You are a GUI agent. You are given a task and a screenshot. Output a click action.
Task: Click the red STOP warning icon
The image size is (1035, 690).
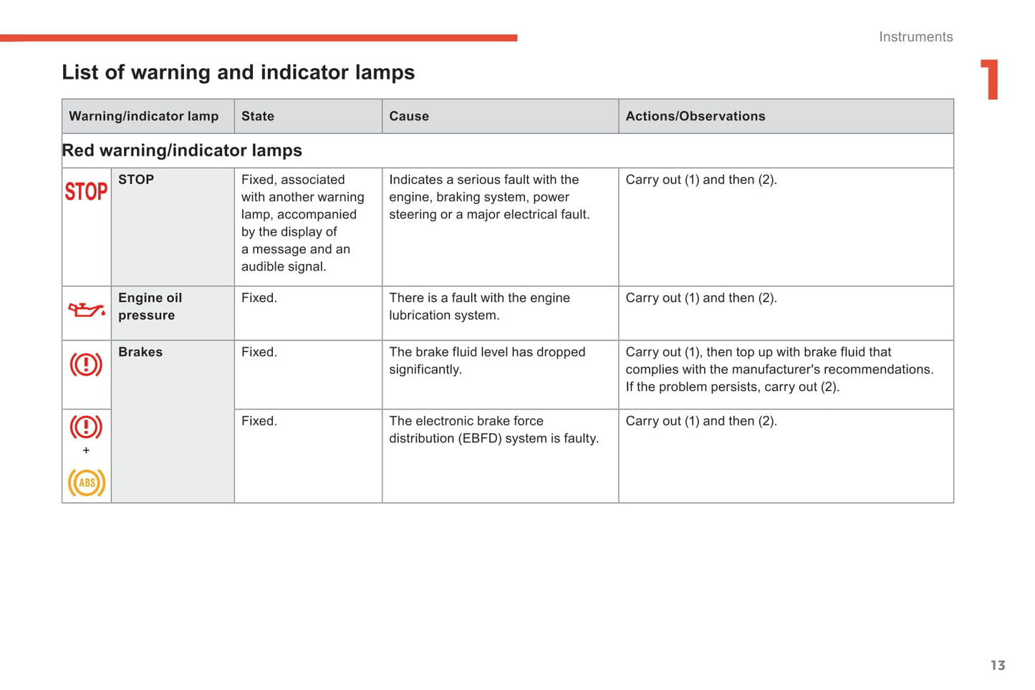tap(86, 191)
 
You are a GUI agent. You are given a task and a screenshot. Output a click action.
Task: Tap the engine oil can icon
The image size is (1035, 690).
tap(86, 310)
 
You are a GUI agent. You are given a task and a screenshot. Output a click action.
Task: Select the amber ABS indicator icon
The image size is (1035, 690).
tap(86, 482)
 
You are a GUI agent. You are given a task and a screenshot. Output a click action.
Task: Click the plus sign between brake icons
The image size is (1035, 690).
tap(86, 450)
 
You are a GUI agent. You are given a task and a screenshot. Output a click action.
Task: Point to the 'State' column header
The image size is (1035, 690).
tap(258, 116)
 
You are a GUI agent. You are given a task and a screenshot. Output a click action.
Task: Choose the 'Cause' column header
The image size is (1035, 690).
tap(409, 116)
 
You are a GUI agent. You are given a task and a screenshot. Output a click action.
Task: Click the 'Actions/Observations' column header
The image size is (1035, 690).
tap(695, 116)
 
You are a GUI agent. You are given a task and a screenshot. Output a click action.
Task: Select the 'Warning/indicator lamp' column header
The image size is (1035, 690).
tap(143, 116)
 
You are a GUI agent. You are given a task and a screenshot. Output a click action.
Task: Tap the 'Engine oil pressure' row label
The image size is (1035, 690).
tap(150, 306)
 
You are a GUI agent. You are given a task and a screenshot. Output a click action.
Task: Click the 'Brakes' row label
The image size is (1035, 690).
tap(140, 352)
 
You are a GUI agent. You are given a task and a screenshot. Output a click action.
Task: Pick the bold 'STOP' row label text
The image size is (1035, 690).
tap(136, 180)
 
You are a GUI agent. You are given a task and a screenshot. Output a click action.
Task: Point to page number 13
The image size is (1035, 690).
tap(998, 666)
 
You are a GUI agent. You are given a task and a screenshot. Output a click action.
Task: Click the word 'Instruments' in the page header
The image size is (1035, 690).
tap(915, 37)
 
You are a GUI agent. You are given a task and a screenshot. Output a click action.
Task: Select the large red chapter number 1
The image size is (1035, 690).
tap(990, 79)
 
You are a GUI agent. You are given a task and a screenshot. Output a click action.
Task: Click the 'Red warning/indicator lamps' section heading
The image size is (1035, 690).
tap(182, 150)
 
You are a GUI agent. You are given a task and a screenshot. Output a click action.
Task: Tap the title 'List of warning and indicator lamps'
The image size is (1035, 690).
tap(238, 72)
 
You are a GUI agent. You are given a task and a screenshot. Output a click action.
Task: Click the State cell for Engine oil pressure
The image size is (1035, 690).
tap(259, 298)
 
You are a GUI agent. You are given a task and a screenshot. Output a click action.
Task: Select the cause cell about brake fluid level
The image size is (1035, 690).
tap(487, 361)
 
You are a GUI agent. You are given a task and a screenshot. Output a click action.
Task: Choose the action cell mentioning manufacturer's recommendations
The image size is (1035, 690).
tap(779, 369)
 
